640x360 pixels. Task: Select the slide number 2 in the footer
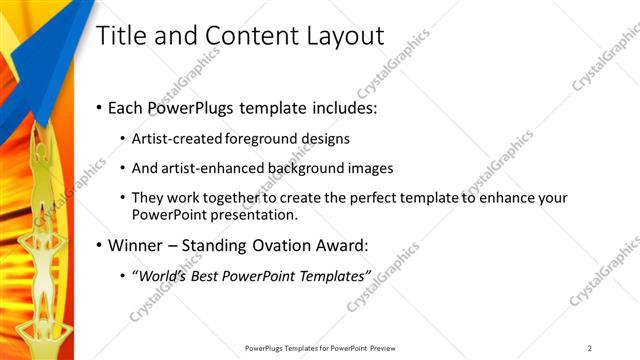click(590, 348)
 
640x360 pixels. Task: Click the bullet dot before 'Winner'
click(97, 245)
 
